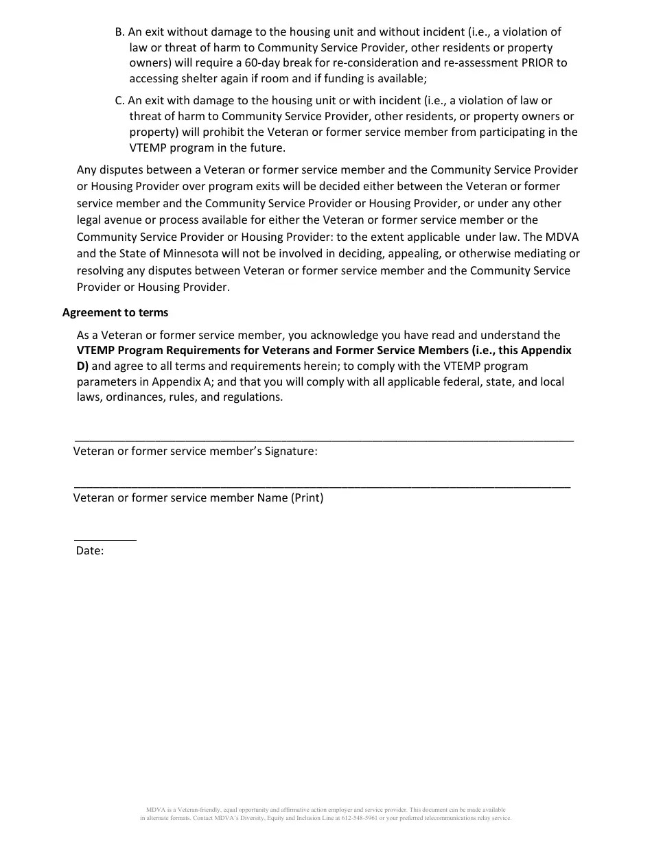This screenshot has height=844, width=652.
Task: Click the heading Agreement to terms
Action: pos(115,312)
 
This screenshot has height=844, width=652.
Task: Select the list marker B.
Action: pos(119,32)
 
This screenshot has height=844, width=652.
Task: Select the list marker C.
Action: pos(119,100)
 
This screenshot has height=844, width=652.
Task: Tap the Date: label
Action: pos(90,550)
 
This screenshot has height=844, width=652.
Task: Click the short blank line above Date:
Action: pos(105,540)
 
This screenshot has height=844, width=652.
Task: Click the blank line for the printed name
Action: pos(322,487)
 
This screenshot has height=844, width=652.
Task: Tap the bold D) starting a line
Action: pos(82,366)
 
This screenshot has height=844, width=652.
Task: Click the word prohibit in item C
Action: pos(205,132)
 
